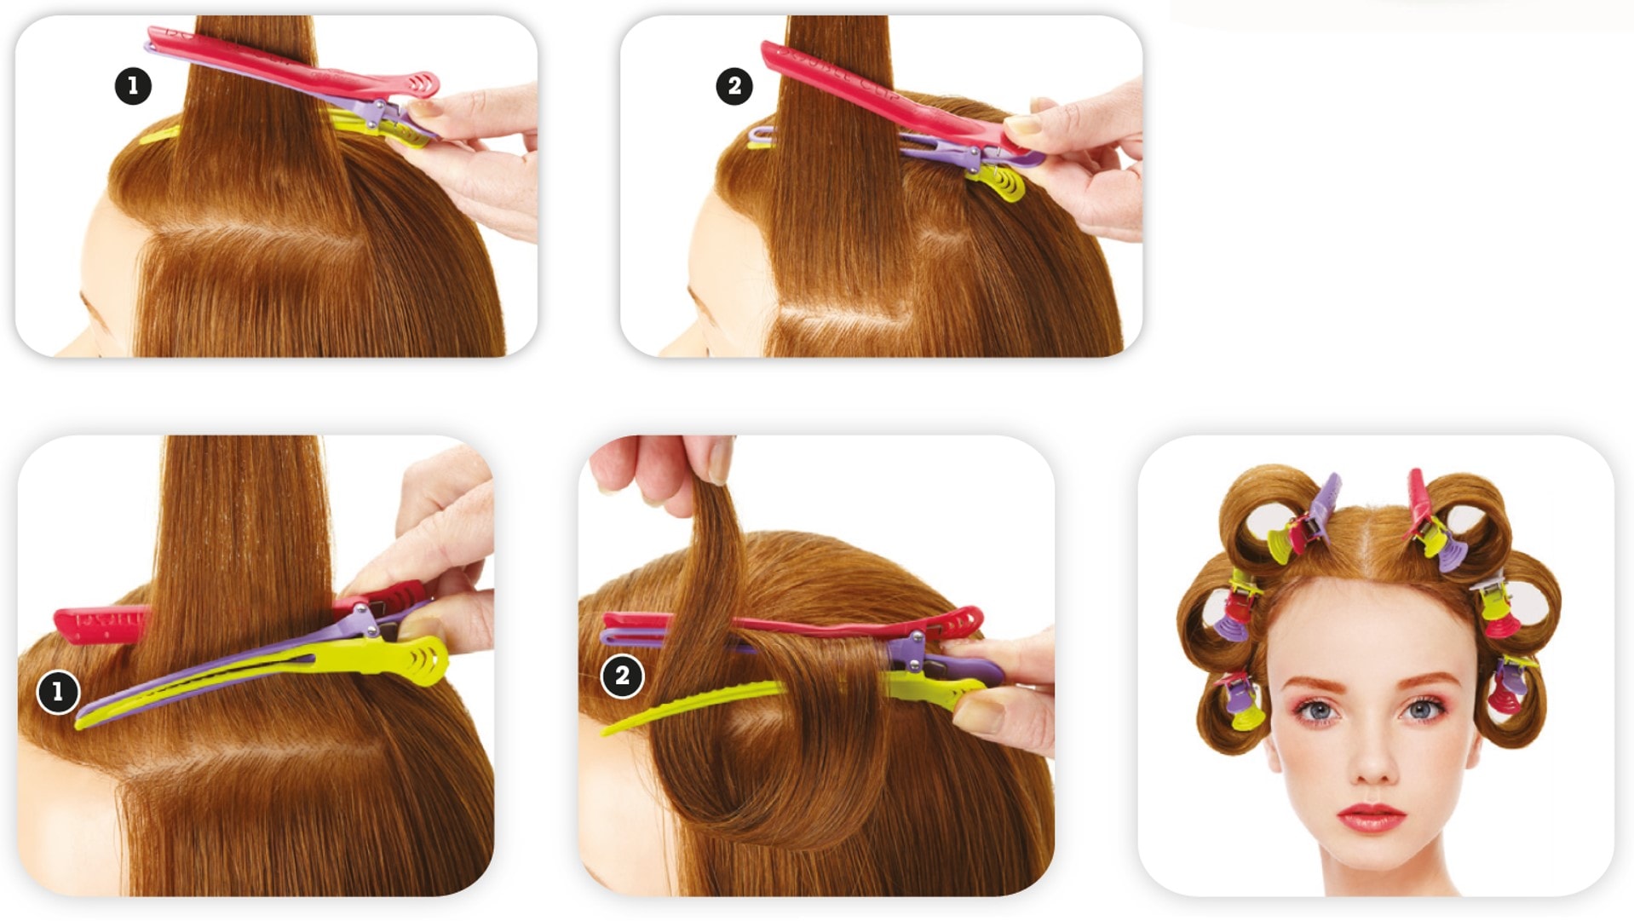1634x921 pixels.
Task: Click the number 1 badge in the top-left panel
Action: (133, 86)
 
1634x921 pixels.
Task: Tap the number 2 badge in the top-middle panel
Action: (734, 86)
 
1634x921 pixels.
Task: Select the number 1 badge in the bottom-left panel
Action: (58, 691)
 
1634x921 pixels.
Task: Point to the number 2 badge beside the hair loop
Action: (622, 676)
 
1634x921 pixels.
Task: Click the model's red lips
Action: (1371, 817)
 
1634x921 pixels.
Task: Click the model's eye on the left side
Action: (1319, 710)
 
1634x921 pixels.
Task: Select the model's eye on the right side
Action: (1421, 709)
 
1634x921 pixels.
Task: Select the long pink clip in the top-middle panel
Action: (886, 94)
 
